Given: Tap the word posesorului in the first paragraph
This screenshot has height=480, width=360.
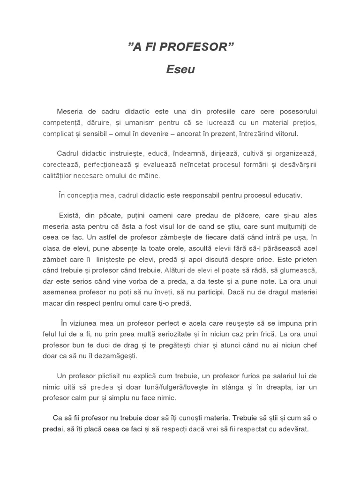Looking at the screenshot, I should pos(292,112).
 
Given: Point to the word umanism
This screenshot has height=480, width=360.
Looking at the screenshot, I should pos(142,123).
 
